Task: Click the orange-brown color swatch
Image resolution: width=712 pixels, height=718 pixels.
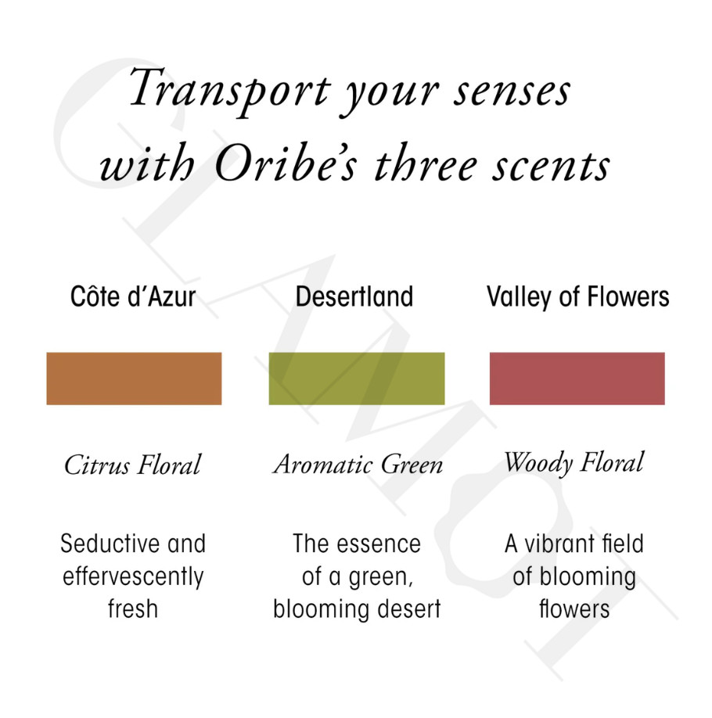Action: [134, 379]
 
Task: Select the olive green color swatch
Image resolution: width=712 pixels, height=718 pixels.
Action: [357, 379]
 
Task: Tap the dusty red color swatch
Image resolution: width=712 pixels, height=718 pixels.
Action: [577, 379]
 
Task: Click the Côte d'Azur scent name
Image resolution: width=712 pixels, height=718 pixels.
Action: [133, 296]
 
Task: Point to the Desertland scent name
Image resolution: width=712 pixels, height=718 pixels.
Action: [354, 296]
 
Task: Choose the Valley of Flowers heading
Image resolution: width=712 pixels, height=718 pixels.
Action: [577, 296]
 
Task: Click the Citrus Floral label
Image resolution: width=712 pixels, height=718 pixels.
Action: [132, 465]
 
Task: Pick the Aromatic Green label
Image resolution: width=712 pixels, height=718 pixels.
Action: [358, 465]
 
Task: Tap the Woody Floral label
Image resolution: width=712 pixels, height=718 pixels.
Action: [574, 463]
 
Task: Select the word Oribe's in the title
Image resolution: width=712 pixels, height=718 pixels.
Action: [285, 163]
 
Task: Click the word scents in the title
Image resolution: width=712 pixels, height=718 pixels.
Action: [551, 166]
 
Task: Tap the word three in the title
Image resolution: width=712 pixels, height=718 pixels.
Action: [426, 163]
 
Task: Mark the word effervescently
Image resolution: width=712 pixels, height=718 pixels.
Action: [133, 577]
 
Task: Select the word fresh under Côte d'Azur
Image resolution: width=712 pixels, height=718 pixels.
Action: [133, 609]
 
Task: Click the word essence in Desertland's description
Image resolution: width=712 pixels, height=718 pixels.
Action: [379, 544]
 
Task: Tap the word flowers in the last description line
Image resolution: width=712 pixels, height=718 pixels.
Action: [574, 609]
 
